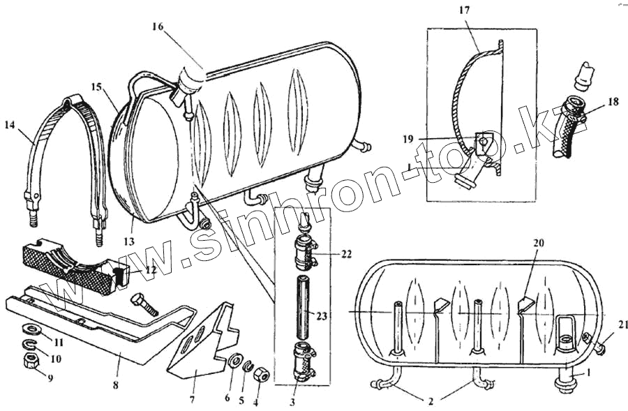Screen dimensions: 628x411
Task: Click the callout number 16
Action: click(157, 27)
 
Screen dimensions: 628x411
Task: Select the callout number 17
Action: click(465, 11)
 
